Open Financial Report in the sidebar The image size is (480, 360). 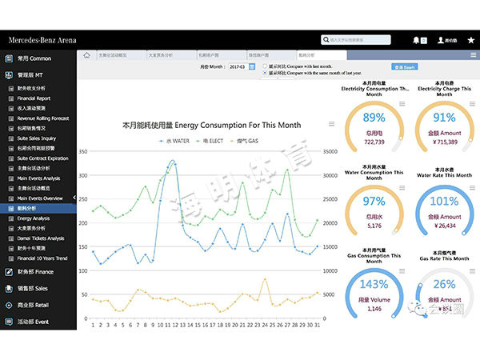pos(34,98)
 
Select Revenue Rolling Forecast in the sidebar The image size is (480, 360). pos(42,118)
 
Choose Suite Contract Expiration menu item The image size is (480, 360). pos(42,158)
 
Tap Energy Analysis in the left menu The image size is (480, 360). pos(33,218)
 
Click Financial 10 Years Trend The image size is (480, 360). pos(42,258)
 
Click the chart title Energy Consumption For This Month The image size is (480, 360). pos(211,126)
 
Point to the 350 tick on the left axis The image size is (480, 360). pos(82,150)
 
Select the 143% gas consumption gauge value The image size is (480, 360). pos(374,284)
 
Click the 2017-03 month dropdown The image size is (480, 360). pos(237,67)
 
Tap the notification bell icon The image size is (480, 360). pos(416,39)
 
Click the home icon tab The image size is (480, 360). pos(86,55)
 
